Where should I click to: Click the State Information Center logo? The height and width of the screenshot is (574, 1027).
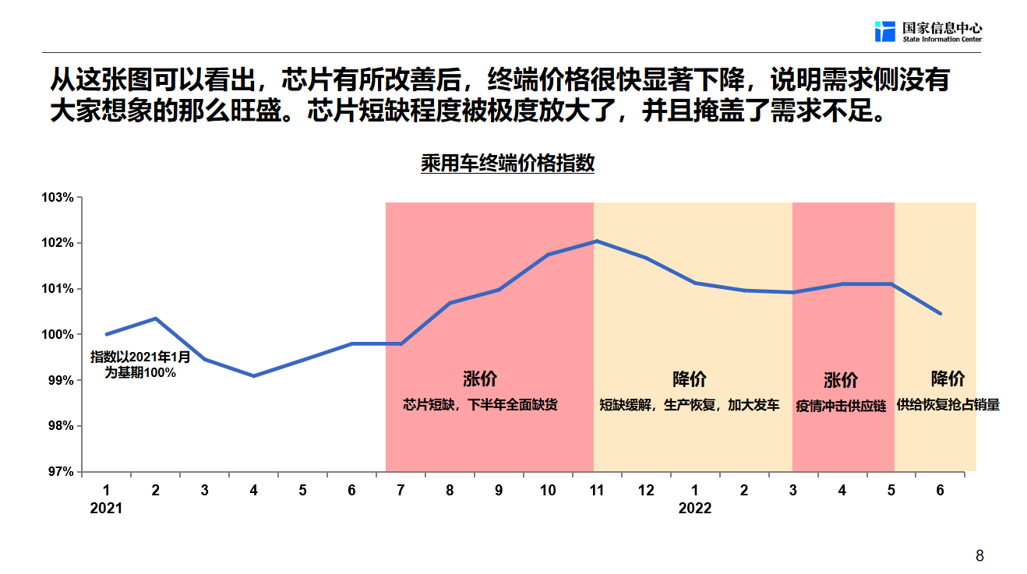(x=927, y=31)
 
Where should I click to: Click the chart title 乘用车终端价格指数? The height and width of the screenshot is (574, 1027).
(x=507, y=164)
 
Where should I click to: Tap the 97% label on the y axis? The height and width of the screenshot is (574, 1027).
(x=59, y=472)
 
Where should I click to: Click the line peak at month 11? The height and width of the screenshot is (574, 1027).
(x=596, y=241)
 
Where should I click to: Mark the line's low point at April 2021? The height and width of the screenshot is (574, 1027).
(x=253, y=375)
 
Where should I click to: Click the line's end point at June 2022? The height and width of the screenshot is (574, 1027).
(x=941, y=313)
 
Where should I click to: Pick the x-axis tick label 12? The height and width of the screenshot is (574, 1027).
(x=646, y=490)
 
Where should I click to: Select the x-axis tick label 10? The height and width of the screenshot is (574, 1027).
(x=548, y=490)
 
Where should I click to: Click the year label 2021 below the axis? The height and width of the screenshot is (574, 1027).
(x=107, y=509)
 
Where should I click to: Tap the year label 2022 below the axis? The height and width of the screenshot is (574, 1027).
(x=695, y=509)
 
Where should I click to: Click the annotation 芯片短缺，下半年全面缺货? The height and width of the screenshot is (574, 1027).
(x=480, y=405)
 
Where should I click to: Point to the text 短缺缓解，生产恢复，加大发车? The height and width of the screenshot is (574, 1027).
(x=689, y=405)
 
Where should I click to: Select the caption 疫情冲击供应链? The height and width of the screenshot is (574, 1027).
(x=841, y=406)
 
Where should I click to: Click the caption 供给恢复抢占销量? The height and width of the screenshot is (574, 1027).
(x=948, y=405)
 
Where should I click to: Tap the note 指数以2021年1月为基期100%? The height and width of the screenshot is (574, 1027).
(x=140, y=364)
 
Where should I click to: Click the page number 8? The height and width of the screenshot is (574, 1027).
(x=979, y=556)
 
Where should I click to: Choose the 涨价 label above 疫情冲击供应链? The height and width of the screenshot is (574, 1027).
(x=841, y=380)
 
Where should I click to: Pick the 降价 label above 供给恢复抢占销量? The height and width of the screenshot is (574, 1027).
(x=948, y=379)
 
